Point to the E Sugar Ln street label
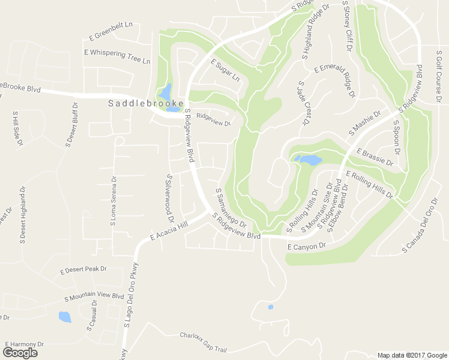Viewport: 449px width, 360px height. (x=225, y=70)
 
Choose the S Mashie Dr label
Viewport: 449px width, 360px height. (x=365, y=122)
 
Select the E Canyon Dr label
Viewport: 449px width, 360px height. (x=306, y=247)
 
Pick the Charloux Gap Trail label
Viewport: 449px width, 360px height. (x=203, y=341)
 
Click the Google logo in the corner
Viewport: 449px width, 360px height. (x=20, y=352)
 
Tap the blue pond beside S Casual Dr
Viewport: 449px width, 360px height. (x=64, y=316)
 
